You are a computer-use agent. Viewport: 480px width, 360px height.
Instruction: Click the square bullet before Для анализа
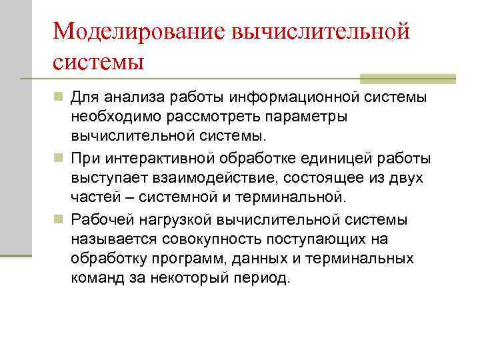(x=59, y=98)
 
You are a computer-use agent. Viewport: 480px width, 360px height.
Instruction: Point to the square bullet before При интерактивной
(x=59, y=159)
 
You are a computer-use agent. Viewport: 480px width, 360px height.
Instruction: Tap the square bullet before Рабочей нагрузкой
(x=59, y=220)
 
